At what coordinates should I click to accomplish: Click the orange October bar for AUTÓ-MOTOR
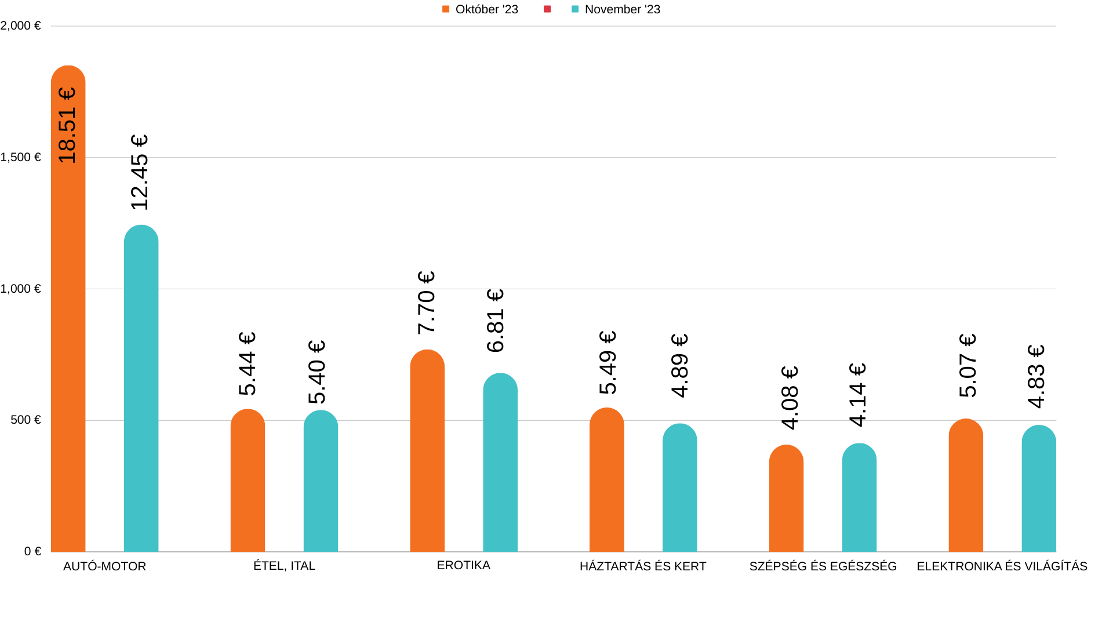point(68,348)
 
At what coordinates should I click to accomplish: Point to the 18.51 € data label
point(67,125)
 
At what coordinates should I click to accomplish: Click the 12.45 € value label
point(140,172)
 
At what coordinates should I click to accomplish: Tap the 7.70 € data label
point(426,303)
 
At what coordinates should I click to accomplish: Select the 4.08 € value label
point(790,398)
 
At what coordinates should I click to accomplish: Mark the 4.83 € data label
point(1036,376)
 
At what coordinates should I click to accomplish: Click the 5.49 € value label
point(608,362)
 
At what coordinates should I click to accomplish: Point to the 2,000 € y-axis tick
point(21,26)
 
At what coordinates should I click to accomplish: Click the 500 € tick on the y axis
point(26,420)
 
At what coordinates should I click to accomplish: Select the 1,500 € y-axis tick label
point(21,157)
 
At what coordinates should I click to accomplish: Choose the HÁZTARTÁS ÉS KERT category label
point(643,566)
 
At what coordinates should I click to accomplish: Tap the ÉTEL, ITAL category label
point(284,566)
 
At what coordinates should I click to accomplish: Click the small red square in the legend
point(547,9)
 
